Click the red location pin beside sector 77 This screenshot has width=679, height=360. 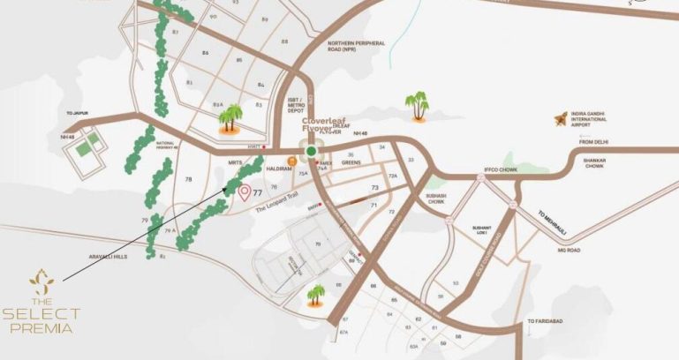click(x=244, y=192)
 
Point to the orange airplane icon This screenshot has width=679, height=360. click(x=558, y=118)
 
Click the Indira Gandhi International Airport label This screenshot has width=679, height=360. click(x=608, y=119)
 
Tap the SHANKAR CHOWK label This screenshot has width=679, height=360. click(x=603, y=162)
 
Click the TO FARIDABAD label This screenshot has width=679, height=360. click(x=544, y=321)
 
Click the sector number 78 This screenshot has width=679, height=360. click(x=188, y=179)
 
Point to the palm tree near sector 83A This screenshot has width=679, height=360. click(x=231, y=117)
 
